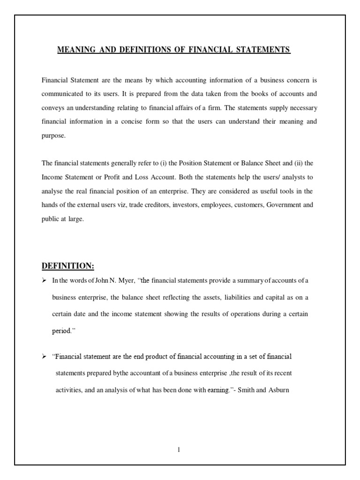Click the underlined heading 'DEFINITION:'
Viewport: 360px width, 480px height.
click(68, 266)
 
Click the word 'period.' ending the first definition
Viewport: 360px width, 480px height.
click(64, 330)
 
